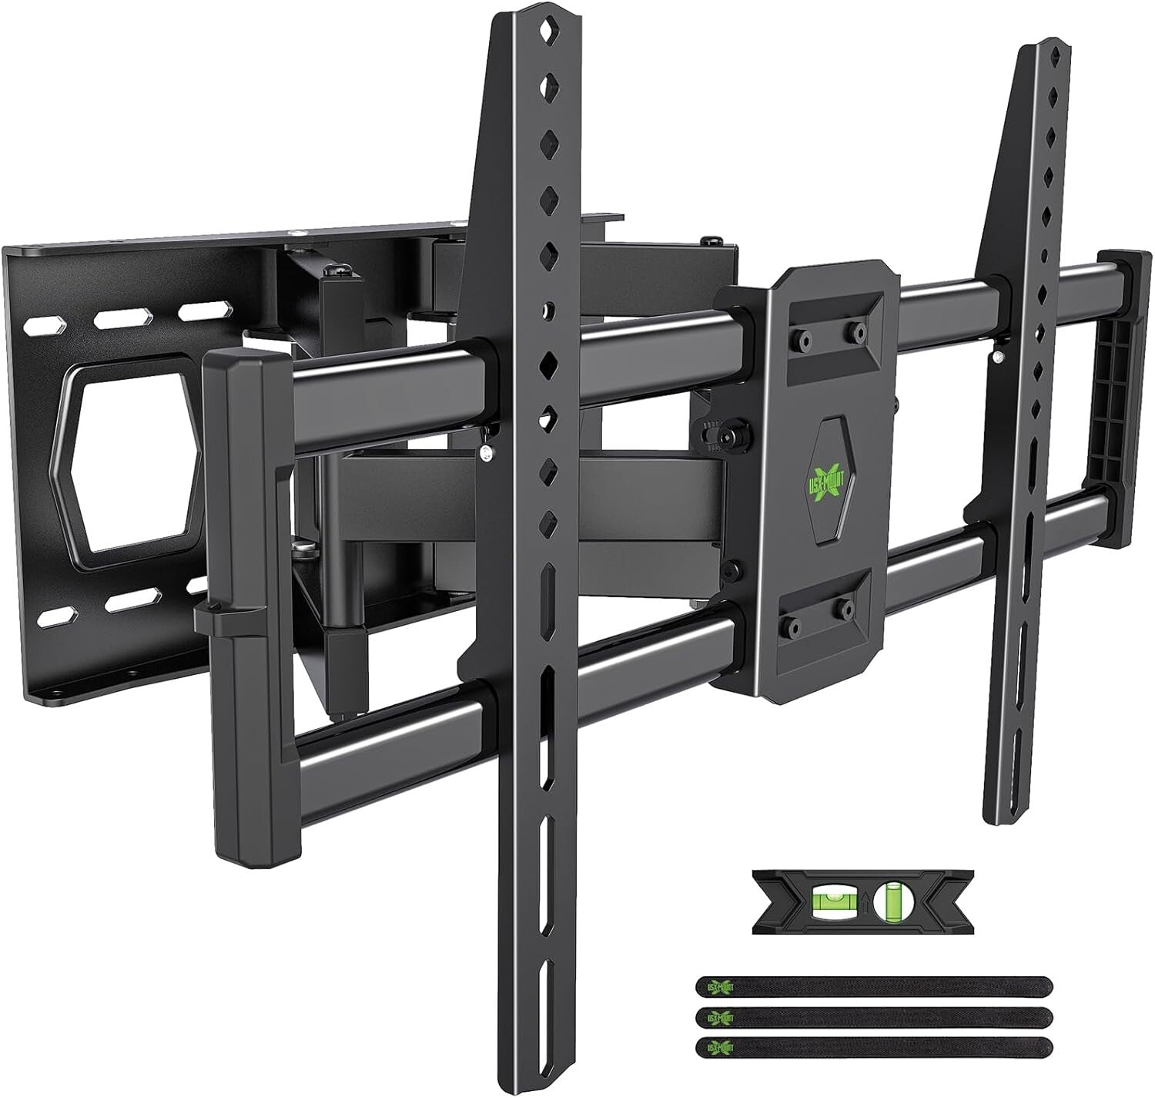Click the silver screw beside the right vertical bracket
tap(998, 356)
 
